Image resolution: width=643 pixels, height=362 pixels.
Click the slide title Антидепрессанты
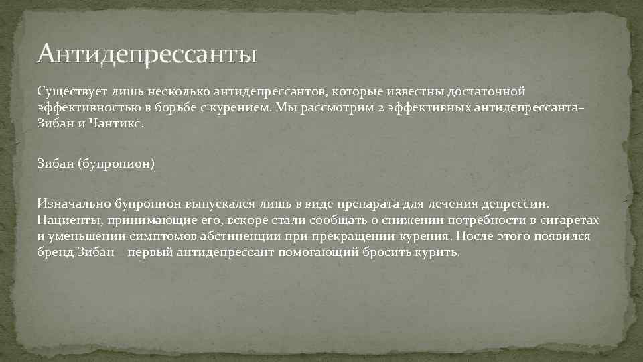click(147, 52)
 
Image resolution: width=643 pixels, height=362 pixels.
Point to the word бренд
click(54, 254)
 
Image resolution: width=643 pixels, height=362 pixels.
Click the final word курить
click(439, 254)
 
